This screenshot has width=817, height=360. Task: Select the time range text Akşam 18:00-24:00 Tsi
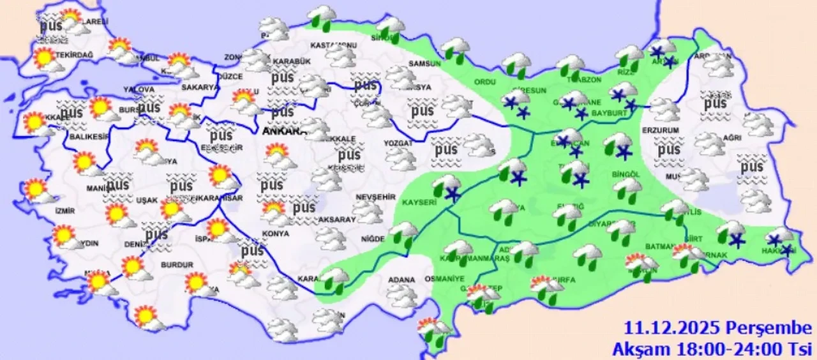pyautogui.click(x=712, y=349)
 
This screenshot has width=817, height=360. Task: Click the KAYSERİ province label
pyautogui.click(x=419, y=202)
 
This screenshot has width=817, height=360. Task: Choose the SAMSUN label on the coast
pyautogui.click(x=424, y=64)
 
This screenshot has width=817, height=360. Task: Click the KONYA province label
pyautogui.click(x=275, y=234)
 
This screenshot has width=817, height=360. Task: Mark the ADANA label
pyautogui.click(x=403, y=280)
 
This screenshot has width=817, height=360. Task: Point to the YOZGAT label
pyautogui.click(x=399, y=144)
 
